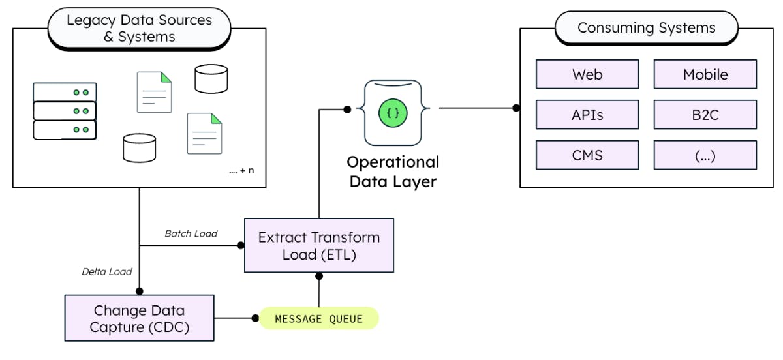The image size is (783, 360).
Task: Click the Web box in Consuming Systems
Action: pyautogui.click(x=587, y=74)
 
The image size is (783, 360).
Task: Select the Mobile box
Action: pyautogui.click(x=705, y=74)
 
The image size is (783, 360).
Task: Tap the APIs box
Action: pyautogui.click(x=587, y=115)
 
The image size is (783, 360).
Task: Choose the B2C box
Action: pyautogui.click(x=705, y=115)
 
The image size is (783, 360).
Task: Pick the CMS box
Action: pyautogui.click(x=587, y=155)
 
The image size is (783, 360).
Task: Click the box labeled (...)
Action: pyautogui.click(x=705, y=155)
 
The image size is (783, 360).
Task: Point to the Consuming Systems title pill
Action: pyautogui.click(x=646, y=28)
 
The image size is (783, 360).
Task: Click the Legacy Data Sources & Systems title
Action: pyautogui.click(x=139, y=29)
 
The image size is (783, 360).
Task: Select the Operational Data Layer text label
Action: pyautogui.click(x=393, y=172)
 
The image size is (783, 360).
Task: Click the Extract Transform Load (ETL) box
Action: pyautogui.click(x=318, y=245)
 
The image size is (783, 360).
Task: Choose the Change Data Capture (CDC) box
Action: pyautogui.click(x=139, y=318)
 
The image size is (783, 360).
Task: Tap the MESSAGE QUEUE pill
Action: pyautogui.click(x=318, y=319)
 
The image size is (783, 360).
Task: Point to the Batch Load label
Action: pyautogui.click(x=191, y=233)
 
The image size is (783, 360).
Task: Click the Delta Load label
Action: pyautogui.click(x=107, y=271)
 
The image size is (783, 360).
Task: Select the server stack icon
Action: pyautogui.click(x=65, y=112)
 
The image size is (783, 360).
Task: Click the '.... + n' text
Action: pyautogui.click(x=241, y=171)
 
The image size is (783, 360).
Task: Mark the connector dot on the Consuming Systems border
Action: pyautogui.click(x=516, y=108)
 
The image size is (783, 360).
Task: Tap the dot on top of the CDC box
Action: pyautogui.click(x=139, y=292)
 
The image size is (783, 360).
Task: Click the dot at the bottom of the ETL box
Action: pyautogui.click(x=318, y=276)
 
